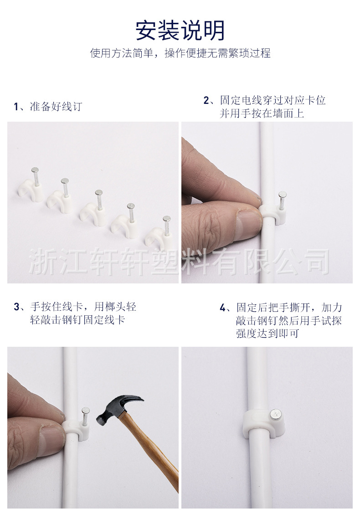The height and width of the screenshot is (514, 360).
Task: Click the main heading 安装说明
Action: (180, 31)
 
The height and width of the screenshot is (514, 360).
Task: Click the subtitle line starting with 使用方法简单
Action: (180, 53)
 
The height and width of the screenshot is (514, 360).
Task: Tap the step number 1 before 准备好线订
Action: (16, 107)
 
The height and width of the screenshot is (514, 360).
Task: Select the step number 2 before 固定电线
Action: (206, 100)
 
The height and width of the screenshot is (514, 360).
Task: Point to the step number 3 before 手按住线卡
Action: (16, 307)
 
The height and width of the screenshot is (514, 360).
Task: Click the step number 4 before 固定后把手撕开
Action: (222, 308)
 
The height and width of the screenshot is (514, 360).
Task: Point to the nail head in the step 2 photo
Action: (283, 195)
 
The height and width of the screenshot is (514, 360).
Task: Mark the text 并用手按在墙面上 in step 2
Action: (262, 113)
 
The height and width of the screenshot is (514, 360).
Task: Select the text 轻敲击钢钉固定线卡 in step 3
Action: (77, 319)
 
